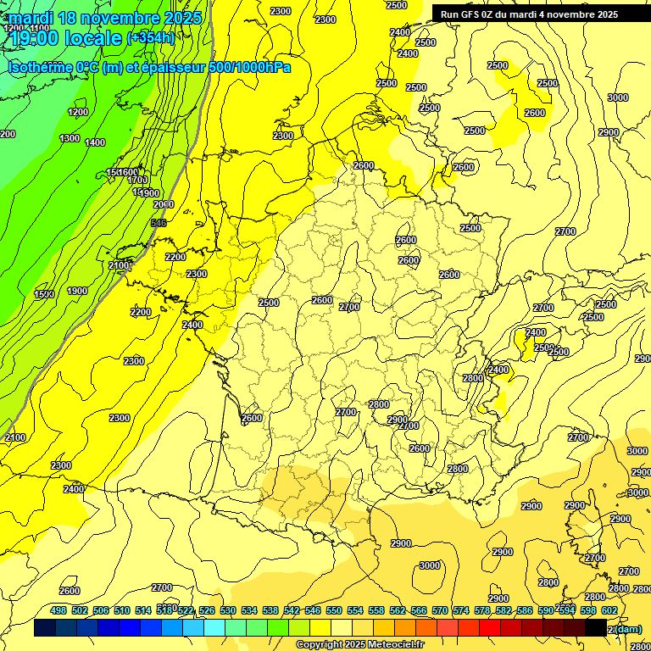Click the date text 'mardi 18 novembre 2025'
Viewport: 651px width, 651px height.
pos(105,18)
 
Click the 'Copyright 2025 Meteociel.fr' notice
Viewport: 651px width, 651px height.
pos(360,645)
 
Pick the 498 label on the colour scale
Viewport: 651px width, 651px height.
pos(58,610)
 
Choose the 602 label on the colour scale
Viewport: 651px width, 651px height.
pos(609,610)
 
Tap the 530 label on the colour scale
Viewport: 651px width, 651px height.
pos(228,610)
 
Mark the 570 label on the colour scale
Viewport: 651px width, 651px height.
pos(440,610)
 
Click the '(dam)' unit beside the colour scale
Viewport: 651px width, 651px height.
pos(628,628)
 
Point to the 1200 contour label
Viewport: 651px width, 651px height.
pos(78,112)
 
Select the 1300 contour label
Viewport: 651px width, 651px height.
pos(70,138)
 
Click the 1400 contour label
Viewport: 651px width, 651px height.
pos(95,142)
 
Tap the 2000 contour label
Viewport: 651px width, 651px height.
pos(164,204)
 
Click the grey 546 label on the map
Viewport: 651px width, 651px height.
pos(158,223)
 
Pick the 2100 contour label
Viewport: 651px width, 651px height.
pos(119,265)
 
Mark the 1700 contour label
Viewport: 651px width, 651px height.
pos(137,180)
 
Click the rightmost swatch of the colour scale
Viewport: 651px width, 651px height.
pos(596,628)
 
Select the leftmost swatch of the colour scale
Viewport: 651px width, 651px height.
pos(45,628)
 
